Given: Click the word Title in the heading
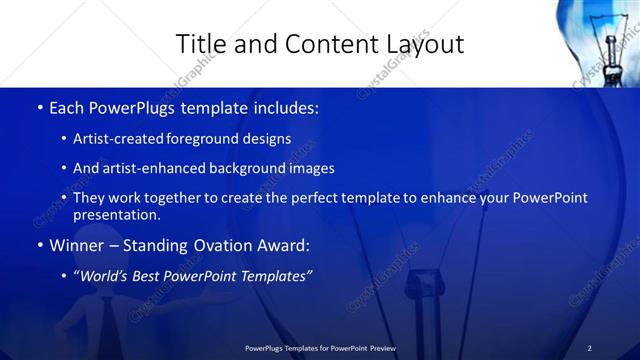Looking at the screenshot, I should coord(198,44).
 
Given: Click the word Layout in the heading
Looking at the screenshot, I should coord(423,44).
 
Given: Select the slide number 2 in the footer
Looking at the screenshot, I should coord(589,348).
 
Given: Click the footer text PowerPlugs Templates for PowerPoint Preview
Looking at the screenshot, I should coord(320,348).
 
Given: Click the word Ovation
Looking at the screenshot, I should coord(212,245).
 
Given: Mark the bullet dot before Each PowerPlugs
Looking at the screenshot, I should coord(38,107).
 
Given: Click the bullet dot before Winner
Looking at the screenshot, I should coord(38,245).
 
